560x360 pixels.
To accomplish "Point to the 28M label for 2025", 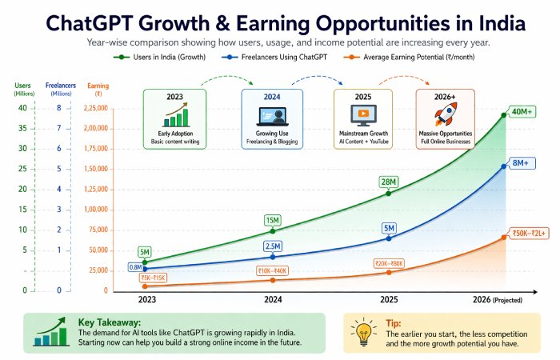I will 390,182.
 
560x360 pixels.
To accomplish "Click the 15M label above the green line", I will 273,219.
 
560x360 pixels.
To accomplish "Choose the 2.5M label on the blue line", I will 273,247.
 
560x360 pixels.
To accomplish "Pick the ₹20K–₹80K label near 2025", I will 389,263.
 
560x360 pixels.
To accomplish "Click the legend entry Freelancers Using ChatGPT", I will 268,58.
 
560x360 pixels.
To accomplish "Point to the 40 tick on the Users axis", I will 22,108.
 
